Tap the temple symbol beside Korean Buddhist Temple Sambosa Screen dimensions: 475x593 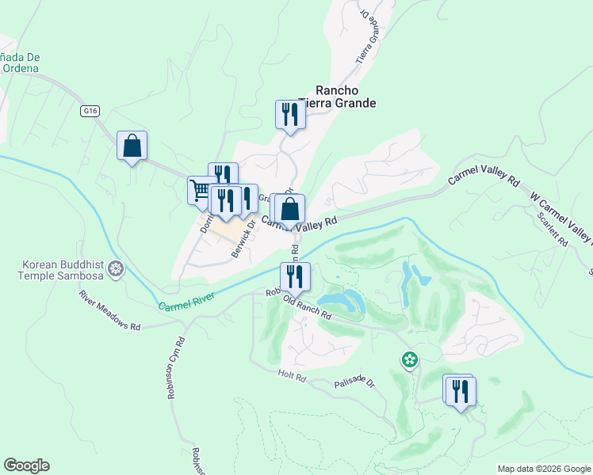pyautogui.click(x=116, y=270)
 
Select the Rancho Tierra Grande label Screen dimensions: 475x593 pyautogui.click(x=335, y=97)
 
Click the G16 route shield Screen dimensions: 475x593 pyautogui.click(x=89, y=112)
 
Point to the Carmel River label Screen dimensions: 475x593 pyautogui.click(x=186, y=300)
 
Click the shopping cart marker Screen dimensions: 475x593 pyautogui.click(x=200, y=191)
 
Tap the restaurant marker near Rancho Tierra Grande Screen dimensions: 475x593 pyautogui.click(x=290, y=115)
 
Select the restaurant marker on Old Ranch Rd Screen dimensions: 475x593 pyautogui.click(x=294, y=276)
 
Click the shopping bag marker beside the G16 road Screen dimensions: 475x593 pyautogui.click(x=132, y=146)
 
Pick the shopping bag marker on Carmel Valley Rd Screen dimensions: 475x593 pyautogui.click(x=290, y=209)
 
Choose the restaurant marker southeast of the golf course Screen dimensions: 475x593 pyautogui.click(x=459, y=390)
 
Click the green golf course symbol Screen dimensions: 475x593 pyautogui.click(x=409, y=361)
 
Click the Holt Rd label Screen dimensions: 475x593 pyautogui.click(x=292, y=375)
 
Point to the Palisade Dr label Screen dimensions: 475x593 pyautogui.click(x=353, y=382)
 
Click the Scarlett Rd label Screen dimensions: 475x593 pyautogui.click(x=552, y=229)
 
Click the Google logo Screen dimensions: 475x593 pyautogui.click(x=26, y=465)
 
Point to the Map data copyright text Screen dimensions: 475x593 pyautogui.click(x=544, y=469)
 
